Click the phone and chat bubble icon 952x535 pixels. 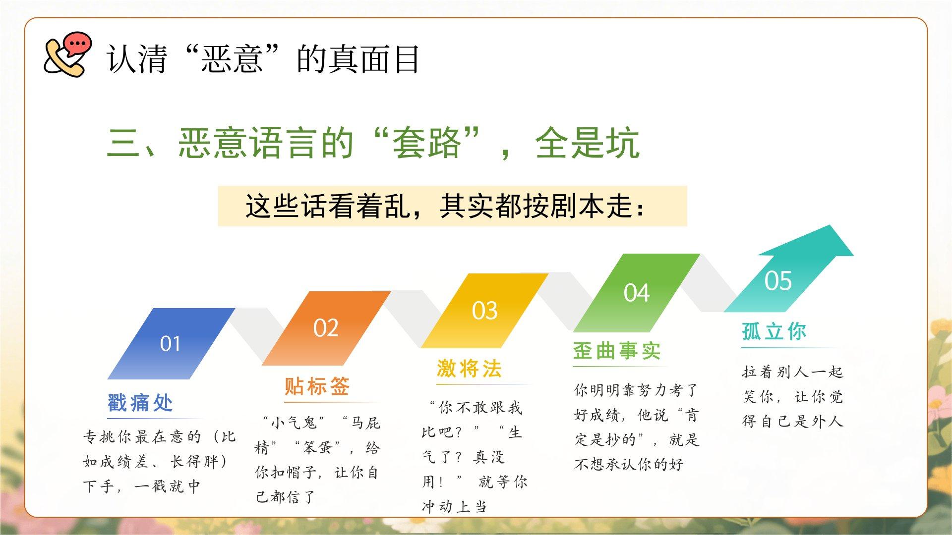(x=68, y=54)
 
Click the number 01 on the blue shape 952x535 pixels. (x=170, y=344)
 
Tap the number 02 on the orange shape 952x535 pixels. (x=326, y=328)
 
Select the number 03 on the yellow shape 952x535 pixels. (x=484, y=311)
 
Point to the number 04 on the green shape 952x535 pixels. (x=637, y=293)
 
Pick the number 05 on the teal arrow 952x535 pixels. (x=778, y=281)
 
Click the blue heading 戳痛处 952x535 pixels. (x=140, y=403)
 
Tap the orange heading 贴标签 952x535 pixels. (x=317, y=386)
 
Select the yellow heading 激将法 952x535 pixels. (x=469, y=369)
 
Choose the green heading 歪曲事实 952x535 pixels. (x=617, y=351)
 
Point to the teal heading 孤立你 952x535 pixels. (x=774, y=331)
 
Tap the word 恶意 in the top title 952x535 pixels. (x=232, y=59)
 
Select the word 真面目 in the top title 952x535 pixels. (x=358, y=59)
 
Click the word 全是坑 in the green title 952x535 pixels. (x=588, y=143)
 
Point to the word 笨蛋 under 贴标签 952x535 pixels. (x=317, y=448)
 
